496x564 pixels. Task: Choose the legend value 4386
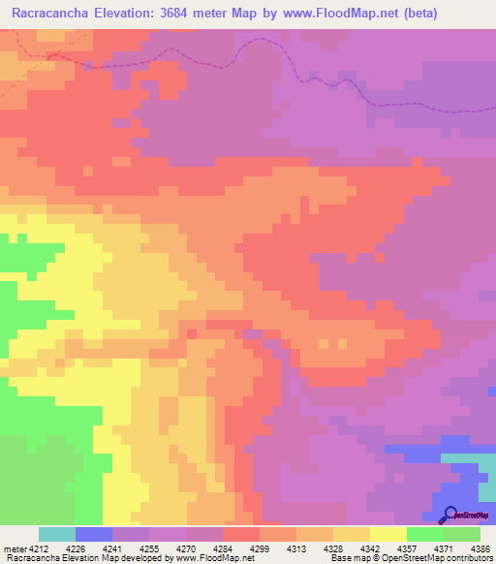pos(480,548)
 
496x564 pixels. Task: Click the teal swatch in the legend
pos(57,534)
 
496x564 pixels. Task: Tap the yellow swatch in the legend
pos(387,534)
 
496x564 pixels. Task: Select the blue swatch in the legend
pos(94,534)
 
